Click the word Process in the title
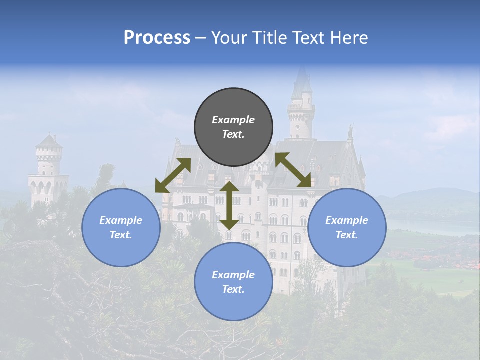pos(157,38)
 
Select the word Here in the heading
pos(348,38)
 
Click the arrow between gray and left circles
pos(173,175)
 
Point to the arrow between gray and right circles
pos(293,170)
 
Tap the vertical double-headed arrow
pos(229,206)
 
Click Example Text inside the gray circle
pos(233,127)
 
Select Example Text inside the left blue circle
pos(121,227)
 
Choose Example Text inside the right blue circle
pos(347,227)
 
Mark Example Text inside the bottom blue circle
pos(233,282)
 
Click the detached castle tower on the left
pos(48,170)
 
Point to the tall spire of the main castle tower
pos(301,85)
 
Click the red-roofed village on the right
pos(435,260)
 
